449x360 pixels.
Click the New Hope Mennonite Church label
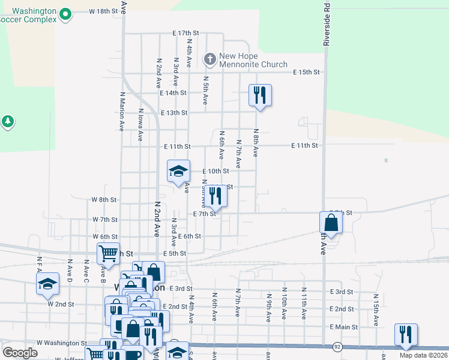pos(253,60)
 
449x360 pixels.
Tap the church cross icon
pos(209,59)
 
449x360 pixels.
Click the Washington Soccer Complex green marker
pos(66,13)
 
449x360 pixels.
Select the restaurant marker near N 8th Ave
pos(260,95)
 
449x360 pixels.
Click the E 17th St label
pos(185,32)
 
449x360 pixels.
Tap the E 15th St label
pos(306,72)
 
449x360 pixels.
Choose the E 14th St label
pos(173,93)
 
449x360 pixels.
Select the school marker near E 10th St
pos(178,171)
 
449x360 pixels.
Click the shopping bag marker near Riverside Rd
pos(331,223)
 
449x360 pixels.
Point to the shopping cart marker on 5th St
pos(108,254)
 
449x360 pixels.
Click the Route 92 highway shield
pos(338,347)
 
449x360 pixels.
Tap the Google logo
pos(20,353)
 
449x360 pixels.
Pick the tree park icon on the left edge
pos(7,122)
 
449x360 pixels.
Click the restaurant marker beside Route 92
pos(406,335)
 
